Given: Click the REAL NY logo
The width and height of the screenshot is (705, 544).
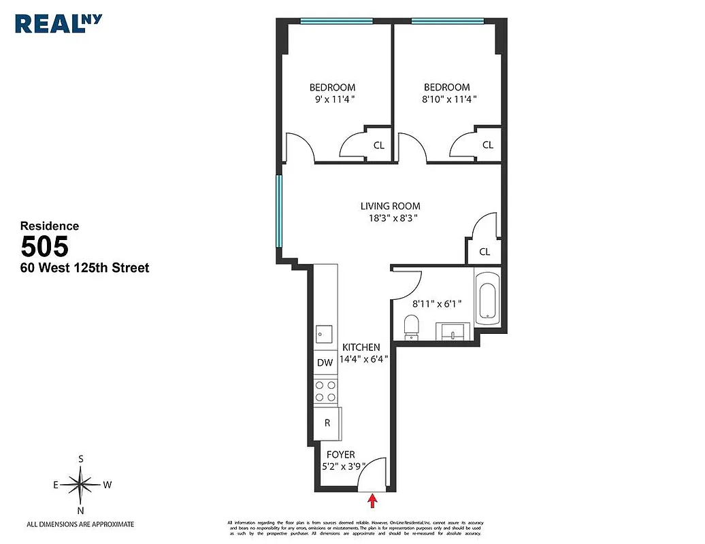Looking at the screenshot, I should coord(59,22).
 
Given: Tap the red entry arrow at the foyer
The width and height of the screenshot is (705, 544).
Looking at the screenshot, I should coord(372,501).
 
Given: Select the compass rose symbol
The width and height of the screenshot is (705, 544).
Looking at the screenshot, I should coord(81,485).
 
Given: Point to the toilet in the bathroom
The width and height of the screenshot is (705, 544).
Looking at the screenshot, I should coord(412,326).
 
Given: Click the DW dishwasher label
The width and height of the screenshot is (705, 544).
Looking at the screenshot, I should coord(325,362).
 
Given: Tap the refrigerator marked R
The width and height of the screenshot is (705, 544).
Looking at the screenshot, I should coord(327,423).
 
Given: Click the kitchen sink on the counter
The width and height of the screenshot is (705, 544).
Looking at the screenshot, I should coord(324,335).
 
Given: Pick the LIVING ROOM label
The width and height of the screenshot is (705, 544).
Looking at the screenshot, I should coord(390,206).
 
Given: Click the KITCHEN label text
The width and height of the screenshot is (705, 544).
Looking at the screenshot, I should coord(361,347).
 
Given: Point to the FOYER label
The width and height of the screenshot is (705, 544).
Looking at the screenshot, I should coord(340,455).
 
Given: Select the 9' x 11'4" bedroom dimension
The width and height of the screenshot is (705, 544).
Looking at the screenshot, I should coord(332,99).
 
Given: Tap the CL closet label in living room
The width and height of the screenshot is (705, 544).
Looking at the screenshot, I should coord(485,252).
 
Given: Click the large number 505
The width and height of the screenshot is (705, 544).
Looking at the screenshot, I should coord(45,245).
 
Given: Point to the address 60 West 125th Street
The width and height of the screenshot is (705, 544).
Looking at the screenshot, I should coord(84,268).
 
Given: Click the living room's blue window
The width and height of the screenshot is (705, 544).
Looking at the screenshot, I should coord(279,211).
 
